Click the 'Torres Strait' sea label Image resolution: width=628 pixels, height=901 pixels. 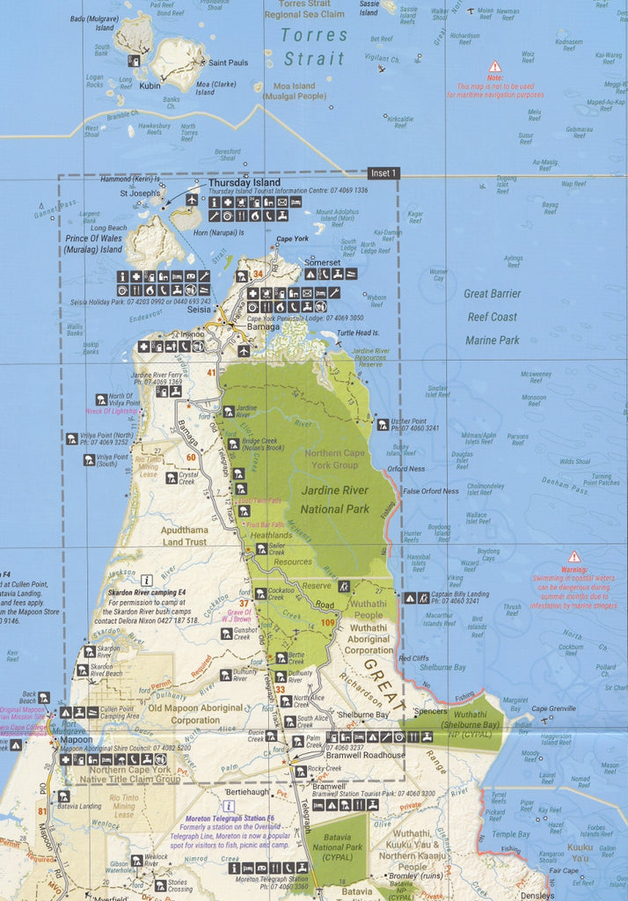click(x=315, y=47)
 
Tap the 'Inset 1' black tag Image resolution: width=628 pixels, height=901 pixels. click(x=383, y=173)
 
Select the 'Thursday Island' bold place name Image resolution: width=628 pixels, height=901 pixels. click(x=245, y=183)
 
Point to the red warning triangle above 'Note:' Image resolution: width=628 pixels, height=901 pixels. click(x=495, y=66)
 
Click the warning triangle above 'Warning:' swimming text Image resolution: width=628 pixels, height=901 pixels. click(x=573, y=556)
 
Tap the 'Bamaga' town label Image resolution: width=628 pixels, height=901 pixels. click(x=262, y=326)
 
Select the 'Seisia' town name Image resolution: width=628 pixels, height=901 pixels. click(x=199, y=309)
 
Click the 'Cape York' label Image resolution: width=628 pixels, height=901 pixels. click(x=292, y=238)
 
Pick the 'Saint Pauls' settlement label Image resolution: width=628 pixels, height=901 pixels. click(x=227, y=62)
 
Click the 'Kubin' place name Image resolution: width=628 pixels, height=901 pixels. click(x=150, y=86)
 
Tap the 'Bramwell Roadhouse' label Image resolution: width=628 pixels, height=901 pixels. click(x=365, y=755)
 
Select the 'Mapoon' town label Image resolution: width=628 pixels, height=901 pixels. click(x=77, y=740)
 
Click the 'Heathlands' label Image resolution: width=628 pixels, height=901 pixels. click(x=269, y=535)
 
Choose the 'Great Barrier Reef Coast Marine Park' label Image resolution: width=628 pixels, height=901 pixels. click(x=492, y=317)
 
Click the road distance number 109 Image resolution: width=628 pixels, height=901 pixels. click(x=329, y=624)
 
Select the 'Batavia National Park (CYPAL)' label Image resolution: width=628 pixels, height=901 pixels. click(x=338, y=847)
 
